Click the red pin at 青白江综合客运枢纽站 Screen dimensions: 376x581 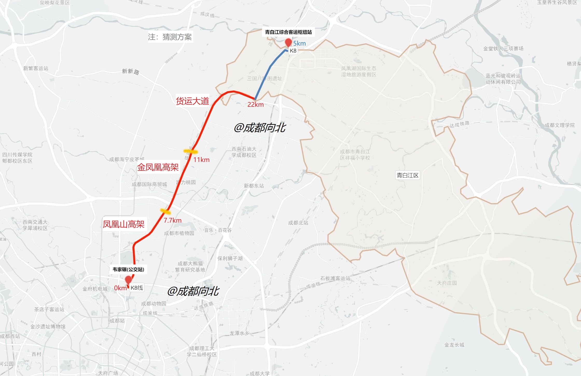click(288, 42)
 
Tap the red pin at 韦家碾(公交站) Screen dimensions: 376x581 click(128, 280)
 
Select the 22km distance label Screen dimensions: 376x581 click(255, 104)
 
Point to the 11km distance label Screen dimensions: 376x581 click(201, 160)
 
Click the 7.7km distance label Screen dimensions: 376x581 click(172, 221)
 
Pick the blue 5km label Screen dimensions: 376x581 click(299, 43)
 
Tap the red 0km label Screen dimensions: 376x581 click(120, 288)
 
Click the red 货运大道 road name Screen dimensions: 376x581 click(192, 101)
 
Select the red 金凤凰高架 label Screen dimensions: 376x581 click(158, 167)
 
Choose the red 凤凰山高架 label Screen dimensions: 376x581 click(123, 224)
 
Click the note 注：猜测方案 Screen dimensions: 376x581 click(170, 37)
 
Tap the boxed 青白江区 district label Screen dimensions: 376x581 click(407, 175)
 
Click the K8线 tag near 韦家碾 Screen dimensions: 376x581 click(137, 288)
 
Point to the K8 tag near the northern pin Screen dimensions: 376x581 click(293, 51)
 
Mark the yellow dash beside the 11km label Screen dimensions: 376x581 click(190, 151)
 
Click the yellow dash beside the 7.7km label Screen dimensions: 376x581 click(165, 211)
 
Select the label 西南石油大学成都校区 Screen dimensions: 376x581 click(244, 152)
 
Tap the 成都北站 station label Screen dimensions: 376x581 click(298, 223)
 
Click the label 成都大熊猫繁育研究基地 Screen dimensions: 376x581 click(190, 267)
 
